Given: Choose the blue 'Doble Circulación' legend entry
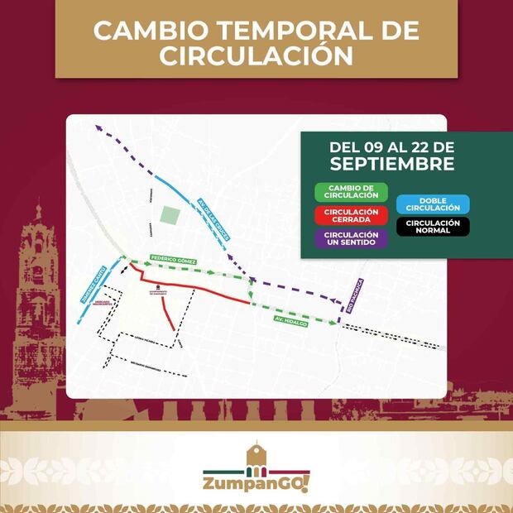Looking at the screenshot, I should click(433, 204).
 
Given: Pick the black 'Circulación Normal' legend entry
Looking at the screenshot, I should click(433, 226).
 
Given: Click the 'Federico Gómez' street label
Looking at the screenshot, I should click(174, 259).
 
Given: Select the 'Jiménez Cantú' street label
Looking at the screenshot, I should click(92, 284).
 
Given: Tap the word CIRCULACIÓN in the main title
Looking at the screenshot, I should click(256, 56).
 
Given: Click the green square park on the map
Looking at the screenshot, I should click(170, 215).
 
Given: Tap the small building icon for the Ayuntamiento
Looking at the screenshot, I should click(156, 285).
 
